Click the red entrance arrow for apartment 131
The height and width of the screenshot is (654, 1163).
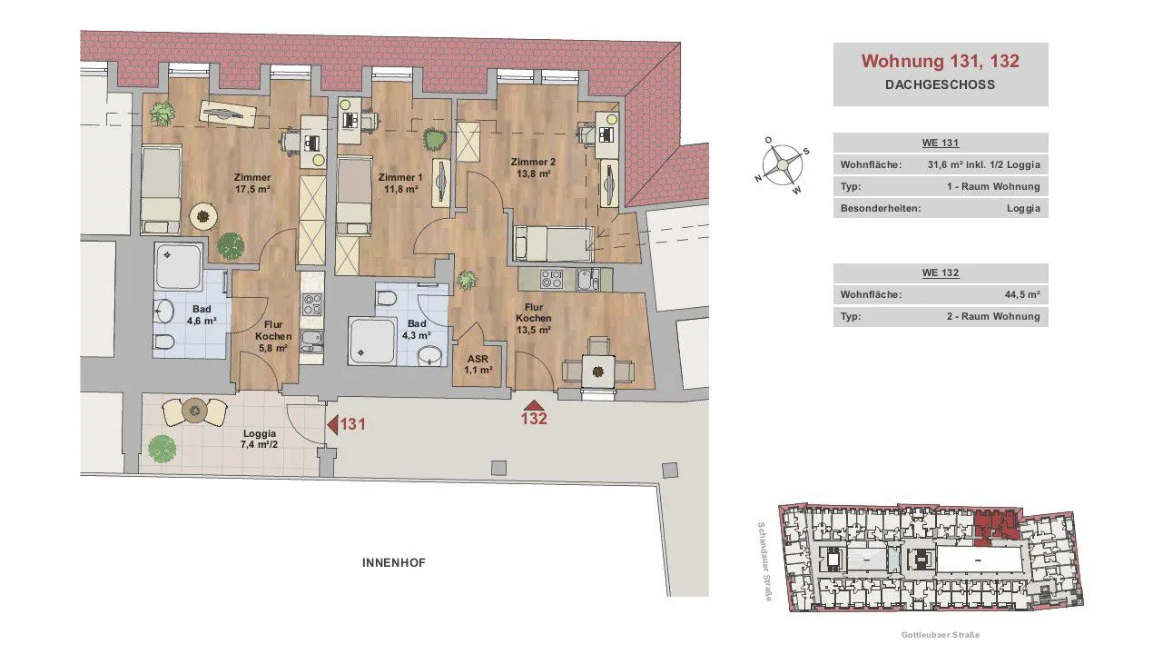(x=333, y=425)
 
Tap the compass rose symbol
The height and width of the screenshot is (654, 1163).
(x=782, y=165)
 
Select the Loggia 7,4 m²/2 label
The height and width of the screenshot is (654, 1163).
(x=259, y=439)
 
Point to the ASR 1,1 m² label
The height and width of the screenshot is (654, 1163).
(x=478, y=364)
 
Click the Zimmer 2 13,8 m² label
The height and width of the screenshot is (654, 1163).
(x=533, y=168)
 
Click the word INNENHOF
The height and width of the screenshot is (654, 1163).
(x=393, y=562)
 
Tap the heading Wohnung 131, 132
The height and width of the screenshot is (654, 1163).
(x=941, y=61)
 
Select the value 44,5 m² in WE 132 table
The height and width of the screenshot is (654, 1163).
(x=1021, y=294)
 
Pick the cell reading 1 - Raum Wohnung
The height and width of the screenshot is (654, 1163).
(x=993, y=186)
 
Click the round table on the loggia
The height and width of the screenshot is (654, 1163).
(x=194, y=411)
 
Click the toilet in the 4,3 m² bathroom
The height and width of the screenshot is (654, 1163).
(x=386, y=299)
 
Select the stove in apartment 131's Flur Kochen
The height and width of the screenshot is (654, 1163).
(x=312, y=304)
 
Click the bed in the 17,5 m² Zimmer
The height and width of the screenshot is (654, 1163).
(x=161, y=190)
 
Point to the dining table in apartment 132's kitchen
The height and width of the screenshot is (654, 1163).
(x=598, y=371)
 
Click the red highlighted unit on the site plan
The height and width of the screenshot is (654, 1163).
(x=995, y=527)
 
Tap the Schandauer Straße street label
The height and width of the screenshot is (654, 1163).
(x=764, y=561)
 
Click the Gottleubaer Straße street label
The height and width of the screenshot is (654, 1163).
(x=941, y=635)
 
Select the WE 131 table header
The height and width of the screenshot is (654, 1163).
(x=941, y=143)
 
